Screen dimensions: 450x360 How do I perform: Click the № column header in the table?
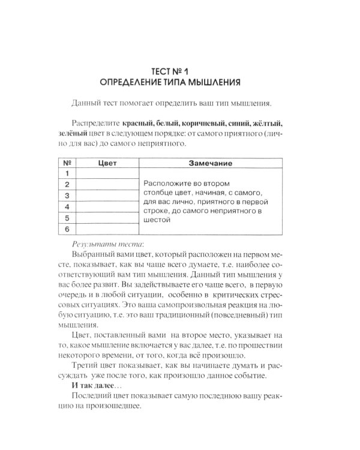point(67,163)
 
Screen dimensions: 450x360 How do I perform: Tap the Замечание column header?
point(212,163)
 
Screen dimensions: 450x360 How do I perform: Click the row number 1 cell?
point(67,173)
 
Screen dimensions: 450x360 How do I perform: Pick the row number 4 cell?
point(67,207)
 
